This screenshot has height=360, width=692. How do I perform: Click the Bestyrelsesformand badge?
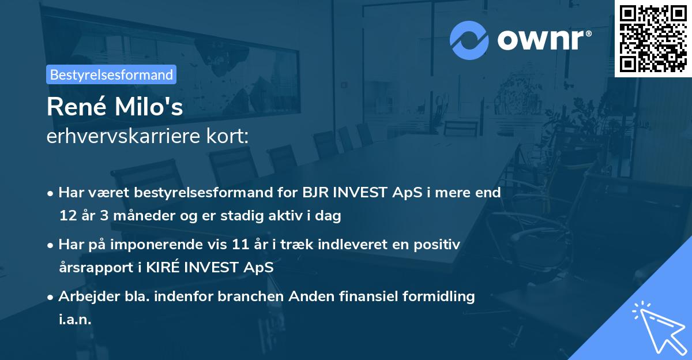pyautogui.click(x=111, y=74)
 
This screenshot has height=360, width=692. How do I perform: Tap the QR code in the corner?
pyautogui.click(x=653, y=38)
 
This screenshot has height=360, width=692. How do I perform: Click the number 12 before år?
pyautogui.click(x=66, y=216)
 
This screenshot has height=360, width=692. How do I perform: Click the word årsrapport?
pyautogui.click(x=92, y=268)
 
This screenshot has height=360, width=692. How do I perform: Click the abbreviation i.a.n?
pyautogui.click(x=75, y=320)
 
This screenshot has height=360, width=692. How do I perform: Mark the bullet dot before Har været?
pyautogui.click(x=51, y=193)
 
